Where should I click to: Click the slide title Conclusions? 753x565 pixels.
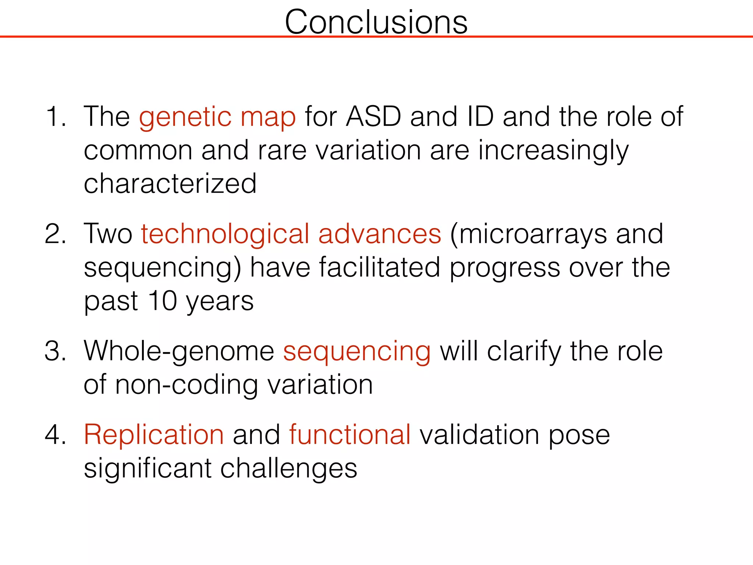coord(376,22)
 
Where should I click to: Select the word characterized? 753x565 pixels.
coord(170,184)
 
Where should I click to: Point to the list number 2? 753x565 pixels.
coord(55,234)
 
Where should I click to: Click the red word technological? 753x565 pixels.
coord(225,234)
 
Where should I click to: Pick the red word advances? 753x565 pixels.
coord(379,234)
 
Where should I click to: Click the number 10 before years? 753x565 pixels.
coord(163,301)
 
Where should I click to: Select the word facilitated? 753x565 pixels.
coord(379,268)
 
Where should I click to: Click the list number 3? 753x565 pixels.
coord(55,351)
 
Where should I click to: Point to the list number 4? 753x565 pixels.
coord(55,435)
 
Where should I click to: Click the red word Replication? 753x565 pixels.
coord(154,435)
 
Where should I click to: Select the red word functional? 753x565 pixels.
coord(350,435)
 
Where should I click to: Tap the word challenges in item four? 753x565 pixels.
coord(289,469)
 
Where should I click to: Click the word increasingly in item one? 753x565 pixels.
coord(553,151)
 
